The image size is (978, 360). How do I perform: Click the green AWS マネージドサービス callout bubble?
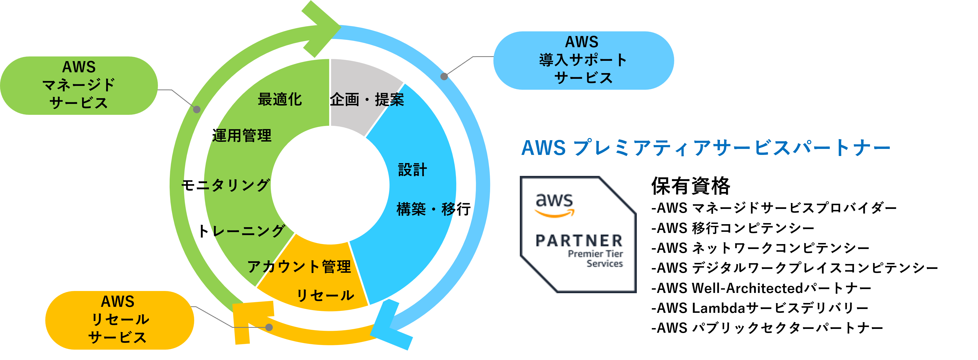coord(79,85)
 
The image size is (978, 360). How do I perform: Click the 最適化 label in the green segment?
coord(280,100)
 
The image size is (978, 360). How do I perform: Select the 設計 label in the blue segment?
coord(412,170)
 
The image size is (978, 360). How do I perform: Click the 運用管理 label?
coord(242,136)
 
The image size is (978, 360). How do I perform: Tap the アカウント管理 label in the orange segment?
coord(299,266)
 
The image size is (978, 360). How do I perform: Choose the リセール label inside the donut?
coord(325,295)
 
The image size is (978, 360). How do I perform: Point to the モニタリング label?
coord(226,185)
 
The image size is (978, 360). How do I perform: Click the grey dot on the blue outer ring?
coord(444,76)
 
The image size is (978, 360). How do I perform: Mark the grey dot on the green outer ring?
coord(197,110)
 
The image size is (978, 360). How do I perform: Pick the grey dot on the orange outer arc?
coord(269,327)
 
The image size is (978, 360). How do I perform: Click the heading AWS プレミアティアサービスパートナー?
coord(705,148)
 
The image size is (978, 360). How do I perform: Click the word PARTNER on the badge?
coord(579,241)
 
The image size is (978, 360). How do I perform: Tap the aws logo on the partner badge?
coord(554,205)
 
